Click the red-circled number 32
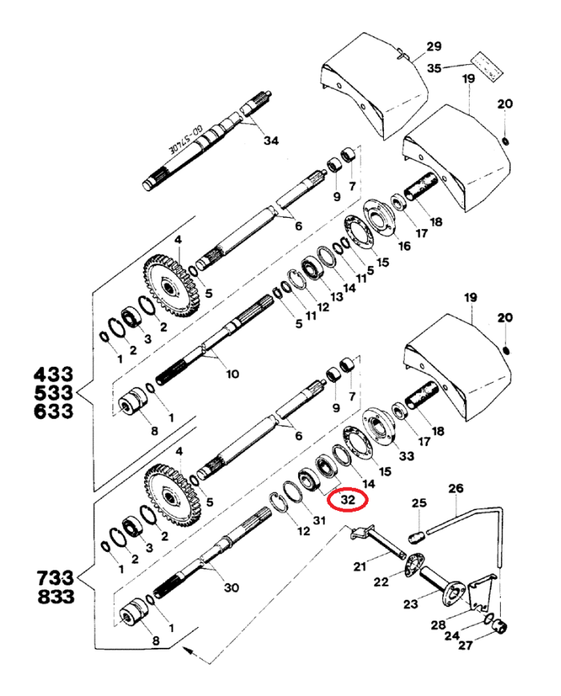(347, 498)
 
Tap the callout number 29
(434, 45)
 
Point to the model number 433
(53, 374)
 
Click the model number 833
(53, 597)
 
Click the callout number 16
(403, 245)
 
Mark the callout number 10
(232, 374)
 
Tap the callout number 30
(231, 587)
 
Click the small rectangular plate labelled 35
(485, 65)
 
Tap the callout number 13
(336, 296)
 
